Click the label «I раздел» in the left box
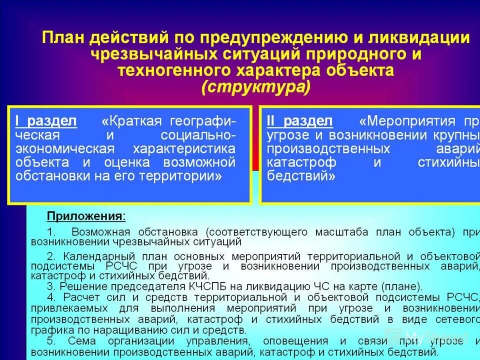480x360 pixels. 45,121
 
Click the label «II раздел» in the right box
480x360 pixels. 299,121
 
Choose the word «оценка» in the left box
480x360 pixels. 130,162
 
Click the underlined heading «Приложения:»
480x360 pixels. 86,216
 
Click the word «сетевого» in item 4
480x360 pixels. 451,319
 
